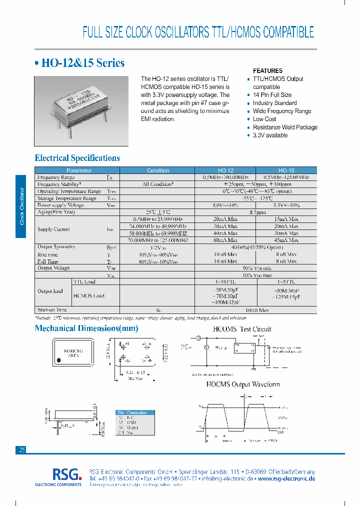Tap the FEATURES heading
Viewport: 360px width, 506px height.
coord(267,71)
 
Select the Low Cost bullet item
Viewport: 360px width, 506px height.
coord(264,119)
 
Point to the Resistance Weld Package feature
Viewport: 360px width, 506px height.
coord(285,127)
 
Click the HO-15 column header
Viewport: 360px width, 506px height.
coord(286,170)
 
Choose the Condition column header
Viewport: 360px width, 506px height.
coord(158,170)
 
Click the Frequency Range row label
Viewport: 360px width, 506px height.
coord(56,177)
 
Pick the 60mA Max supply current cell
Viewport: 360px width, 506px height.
coord(225,240)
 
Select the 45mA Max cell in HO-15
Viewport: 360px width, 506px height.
coord(286,240)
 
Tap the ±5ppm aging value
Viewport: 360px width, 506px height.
coord(255,212)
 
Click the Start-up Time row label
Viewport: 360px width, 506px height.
coord(52,310)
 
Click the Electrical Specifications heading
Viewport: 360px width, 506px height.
coord(77,158)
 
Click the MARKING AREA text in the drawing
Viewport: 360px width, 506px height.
coord(73,353)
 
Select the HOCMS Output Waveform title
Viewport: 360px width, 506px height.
coord(243,384)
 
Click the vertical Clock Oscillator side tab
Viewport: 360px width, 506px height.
coord(20,206)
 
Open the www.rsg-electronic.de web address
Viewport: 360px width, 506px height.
coord(286,478)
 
